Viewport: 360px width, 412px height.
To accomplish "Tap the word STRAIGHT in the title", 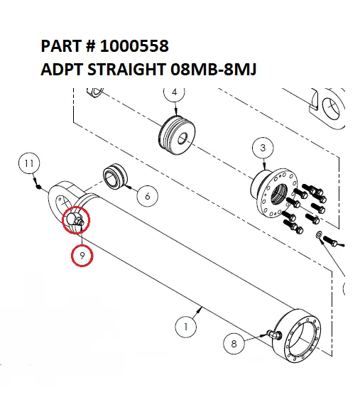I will [132, 71].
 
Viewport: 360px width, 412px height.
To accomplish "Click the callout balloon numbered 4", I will [174, 92].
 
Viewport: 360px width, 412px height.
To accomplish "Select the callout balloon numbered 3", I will [263, 147].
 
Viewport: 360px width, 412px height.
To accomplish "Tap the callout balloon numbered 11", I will [28, 164].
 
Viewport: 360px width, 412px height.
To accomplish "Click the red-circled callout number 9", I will [82, 254].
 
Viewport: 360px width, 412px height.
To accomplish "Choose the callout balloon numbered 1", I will [185, 327].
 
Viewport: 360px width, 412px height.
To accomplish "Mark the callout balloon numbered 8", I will [234, 342].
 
